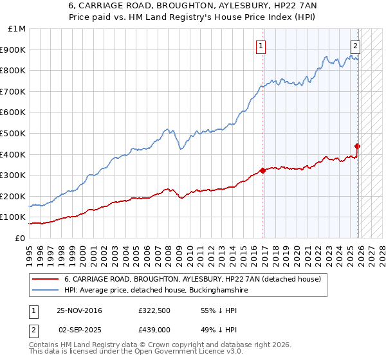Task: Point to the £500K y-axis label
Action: coord(15,134)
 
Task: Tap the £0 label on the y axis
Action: coord(21,239)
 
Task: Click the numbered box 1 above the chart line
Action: coord(261,46)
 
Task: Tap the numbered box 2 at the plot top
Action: coord(354,46)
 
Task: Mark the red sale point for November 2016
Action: coord(262,170)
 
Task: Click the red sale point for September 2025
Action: coord(357,146)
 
